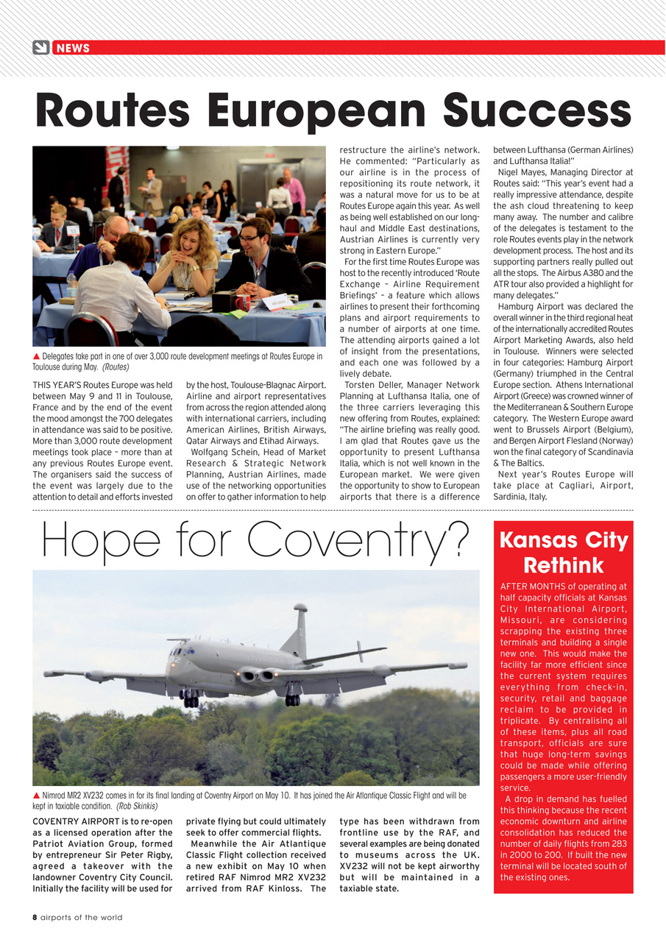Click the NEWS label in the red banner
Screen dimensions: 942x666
(73, 49)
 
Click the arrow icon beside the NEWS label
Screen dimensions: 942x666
(41, 48)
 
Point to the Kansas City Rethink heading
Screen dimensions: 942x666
(563, 553)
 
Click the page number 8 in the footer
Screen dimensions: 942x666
(35, 917)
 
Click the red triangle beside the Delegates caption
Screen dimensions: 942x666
(37, 357)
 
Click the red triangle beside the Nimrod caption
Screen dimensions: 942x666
(37, 796)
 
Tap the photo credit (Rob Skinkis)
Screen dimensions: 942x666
(137, 806)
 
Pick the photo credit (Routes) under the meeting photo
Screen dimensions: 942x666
(116, 366)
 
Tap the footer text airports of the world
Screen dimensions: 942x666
(81, 917)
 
